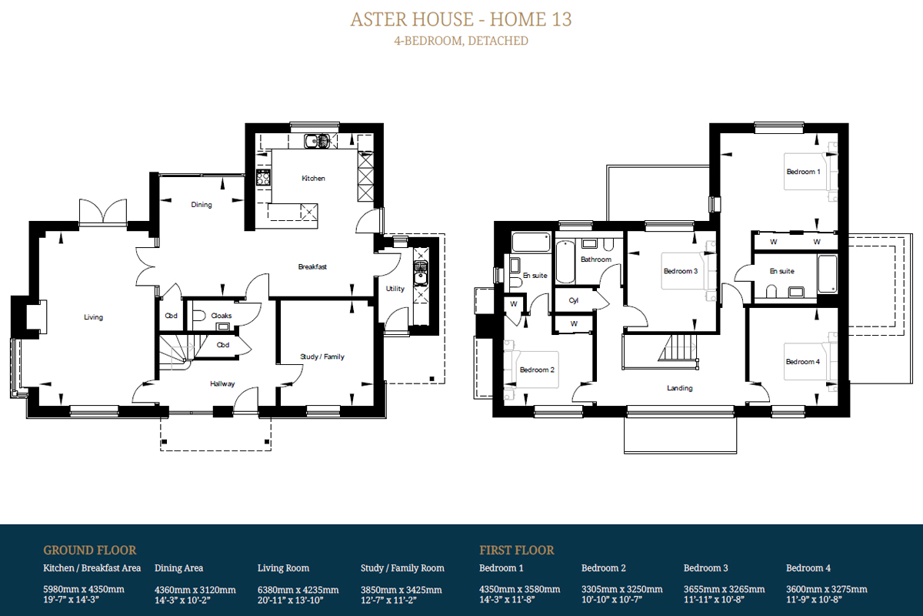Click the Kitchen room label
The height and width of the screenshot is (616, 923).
click(x=313, y=178)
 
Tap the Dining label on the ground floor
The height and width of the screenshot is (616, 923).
click(x=201, y=205)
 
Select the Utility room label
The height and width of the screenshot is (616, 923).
click(x=395, y=289)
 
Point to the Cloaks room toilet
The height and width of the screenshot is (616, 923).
click(x=199, y=316)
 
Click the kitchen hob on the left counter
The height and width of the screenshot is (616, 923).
click(x=263, y=177)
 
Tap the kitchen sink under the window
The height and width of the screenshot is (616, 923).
click(x=317, y=141)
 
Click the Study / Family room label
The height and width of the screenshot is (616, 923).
click(x=322, y=357)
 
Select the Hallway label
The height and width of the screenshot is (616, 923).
click(x=222, y=383)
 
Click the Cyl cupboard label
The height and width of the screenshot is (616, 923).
click(x=574, y=300)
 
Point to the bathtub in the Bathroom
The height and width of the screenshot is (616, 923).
click(x=565, y=262)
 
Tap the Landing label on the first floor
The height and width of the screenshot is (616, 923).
click(x=679, y=388)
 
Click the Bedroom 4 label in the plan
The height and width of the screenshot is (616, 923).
click(x=803, y=362)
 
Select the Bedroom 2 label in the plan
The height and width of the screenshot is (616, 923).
click(x=537, y=370)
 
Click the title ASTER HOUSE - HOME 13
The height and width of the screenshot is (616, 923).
click(x=461, y=19)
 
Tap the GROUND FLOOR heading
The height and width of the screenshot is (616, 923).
click(x=89, y=551)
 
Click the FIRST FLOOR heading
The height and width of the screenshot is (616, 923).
click(x=517, y=551)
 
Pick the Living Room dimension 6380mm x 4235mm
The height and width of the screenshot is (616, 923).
click(x=298, y=590)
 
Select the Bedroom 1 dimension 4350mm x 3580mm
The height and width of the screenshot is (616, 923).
click(x=520, y=589)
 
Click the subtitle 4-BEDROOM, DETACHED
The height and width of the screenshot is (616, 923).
click(x=461, y=41)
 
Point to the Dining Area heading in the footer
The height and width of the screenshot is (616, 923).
click(x=178, y=568)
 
